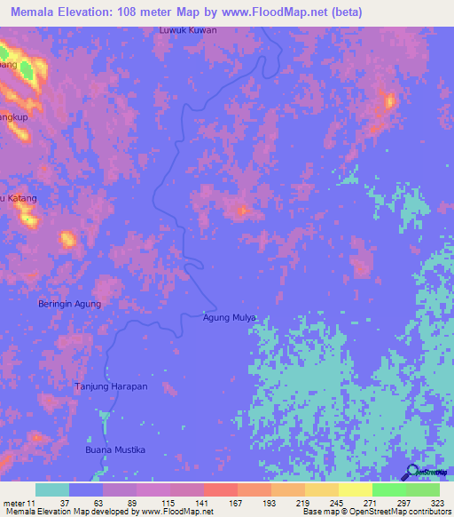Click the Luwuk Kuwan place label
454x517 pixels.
[187, 29]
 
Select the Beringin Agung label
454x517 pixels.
[69, 304]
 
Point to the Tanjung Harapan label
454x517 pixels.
[111, 387]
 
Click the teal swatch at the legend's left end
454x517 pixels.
[52, 489]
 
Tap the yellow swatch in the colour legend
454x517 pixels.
[355, 489]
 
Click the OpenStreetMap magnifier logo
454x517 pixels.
[412, 472]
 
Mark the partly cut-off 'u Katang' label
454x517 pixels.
[20, 198]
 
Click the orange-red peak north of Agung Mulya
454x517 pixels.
[241, 211]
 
